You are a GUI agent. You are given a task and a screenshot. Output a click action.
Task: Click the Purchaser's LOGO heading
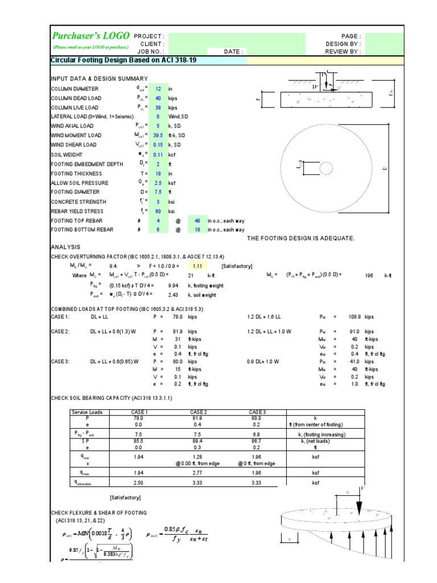[x=91, y=36]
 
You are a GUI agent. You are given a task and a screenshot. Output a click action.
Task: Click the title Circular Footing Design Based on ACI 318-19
[x=124, y=60]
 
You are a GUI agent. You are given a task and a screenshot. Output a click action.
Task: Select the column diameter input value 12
[x=159, y=89]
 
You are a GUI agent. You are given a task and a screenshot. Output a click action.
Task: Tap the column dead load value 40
[x=159, y=98]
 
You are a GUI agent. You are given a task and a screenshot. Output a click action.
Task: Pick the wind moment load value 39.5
[x=159, y=136]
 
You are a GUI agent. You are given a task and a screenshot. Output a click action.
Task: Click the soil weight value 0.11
[x=159, y=154]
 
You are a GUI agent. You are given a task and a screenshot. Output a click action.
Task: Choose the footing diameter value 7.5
[x=159, y=192]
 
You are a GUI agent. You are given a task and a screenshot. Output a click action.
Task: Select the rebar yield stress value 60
[x=159, y=211]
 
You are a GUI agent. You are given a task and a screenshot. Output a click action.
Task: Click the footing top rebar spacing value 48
[x=197, y=220]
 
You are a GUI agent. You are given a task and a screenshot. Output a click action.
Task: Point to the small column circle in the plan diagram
[x=326, y=169]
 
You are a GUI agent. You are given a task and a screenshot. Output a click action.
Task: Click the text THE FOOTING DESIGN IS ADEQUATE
[x=301, y=238]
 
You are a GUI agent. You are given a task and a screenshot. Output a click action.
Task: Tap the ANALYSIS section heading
[x=66, y=247]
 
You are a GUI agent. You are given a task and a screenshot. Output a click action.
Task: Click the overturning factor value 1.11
[x=197, y=266]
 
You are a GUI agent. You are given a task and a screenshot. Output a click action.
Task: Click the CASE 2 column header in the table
[x=198, y=412]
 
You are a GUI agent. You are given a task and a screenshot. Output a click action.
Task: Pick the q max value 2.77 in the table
[x=198, y=473]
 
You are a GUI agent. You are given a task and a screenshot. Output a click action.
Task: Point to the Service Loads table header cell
[x=87, y=412]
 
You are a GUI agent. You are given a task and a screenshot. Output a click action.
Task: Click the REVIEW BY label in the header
[x=343, y=51]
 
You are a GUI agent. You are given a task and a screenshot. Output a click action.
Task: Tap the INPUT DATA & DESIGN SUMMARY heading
[x=100, y=78]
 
